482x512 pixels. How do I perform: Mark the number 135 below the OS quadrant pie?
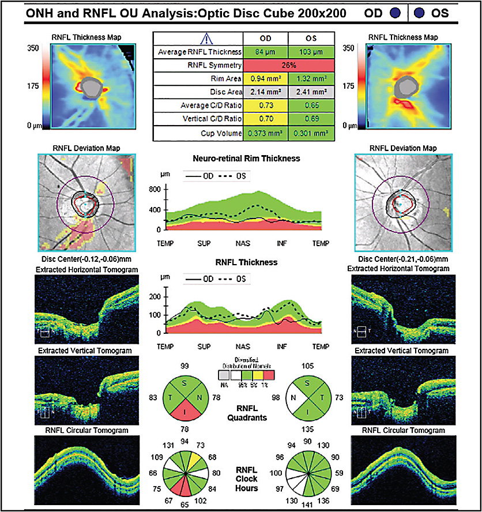(309, 429)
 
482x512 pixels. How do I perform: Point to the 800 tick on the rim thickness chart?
(153, 189)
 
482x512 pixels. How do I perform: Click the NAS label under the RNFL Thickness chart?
(242, 348)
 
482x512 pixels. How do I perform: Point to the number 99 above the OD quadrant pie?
(185, 367)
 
